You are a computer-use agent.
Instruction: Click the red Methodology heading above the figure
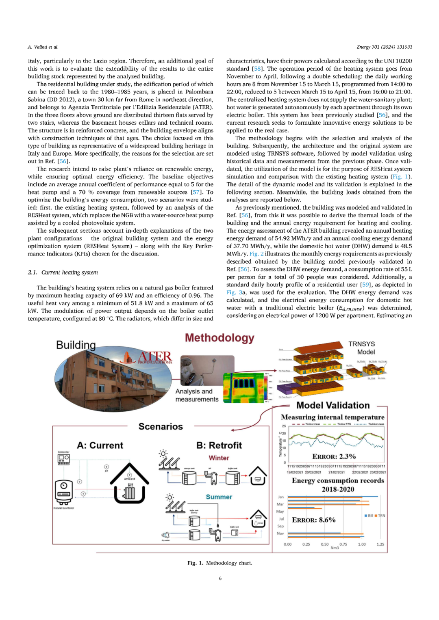pos(219,338)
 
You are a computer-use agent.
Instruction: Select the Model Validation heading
pos(333,405)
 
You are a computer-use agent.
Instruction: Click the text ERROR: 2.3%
pos(334,456)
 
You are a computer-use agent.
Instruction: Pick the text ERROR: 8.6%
pos(313,520)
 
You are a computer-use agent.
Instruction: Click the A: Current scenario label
pos(100,445)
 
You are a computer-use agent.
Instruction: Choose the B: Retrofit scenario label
pos(219,445)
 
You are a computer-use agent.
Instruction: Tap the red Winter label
pos(219,458)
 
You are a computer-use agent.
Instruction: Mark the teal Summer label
pos(219,497)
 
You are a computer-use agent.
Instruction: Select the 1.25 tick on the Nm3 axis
pos(380,544)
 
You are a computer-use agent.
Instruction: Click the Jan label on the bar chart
pos(281,497)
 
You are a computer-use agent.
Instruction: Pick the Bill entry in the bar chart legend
pos(369,516)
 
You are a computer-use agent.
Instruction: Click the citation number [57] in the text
pos(196,192)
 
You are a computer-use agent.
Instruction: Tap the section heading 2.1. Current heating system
pos(63,272)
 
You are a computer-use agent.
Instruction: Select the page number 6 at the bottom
pos(220,578)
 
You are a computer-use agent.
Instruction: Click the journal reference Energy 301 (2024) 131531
pos(384,47)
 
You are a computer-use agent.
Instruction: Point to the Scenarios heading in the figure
pos(161,426)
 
